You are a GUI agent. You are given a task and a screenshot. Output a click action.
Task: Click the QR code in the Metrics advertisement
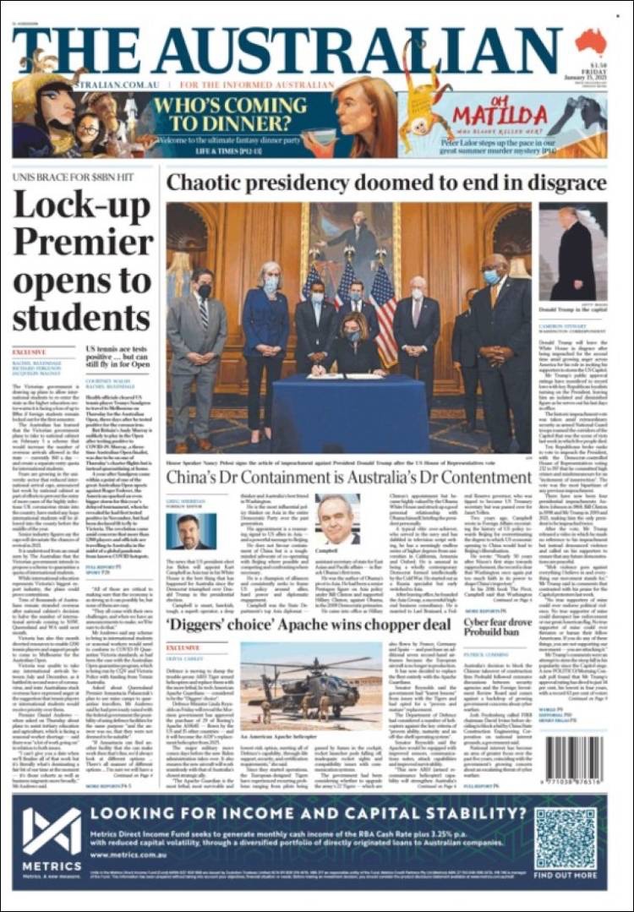point(565,838)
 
